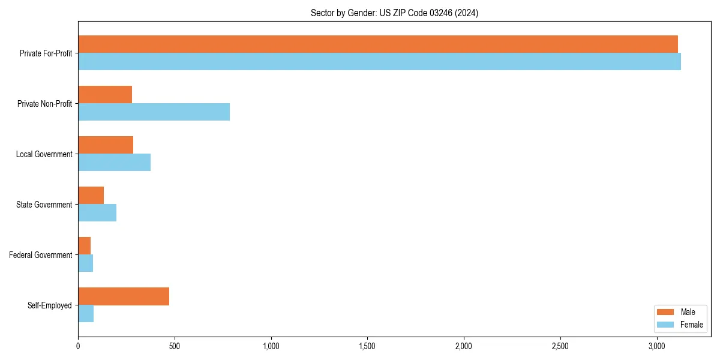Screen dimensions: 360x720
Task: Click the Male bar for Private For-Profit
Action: [378, 44]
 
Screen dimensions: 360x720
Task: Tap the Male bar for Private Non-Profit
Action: [105, 94]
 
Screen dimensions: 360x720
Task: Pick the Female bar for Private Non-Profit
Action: [154, 112]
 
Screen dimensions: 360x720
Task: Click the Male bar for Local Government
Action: [106, 145]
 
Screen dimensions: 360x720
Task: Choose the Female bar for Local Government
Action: [114, 162]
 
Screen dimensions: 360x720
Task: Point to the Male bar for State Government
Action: [91, 195]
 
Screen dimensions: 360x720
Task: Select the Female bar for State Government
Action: [97, 212]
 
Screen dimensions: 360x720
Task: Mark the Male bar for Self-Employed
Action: [124, 296]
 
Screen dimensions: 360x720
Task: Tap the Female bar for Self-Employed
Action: [86, 313]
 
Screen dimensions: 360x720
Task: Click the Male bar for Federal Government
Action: [84, 245]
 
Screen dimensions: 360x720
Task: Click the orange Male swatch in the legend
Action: [666, 312]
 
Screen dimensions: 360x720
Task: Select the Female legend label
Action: [692, 325]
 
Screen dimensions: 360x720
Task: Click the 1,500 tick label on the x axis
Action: [367, 346]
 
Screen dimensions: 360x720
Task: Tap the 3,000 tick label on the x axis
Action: [656, 346]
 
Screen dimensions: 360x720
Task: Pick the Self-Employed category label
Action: [50, 305]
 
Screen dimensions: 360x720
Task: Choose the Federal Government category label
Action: [41, 255]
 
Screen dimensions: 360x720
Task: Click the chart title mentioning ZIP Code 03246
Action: [394, 13]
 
